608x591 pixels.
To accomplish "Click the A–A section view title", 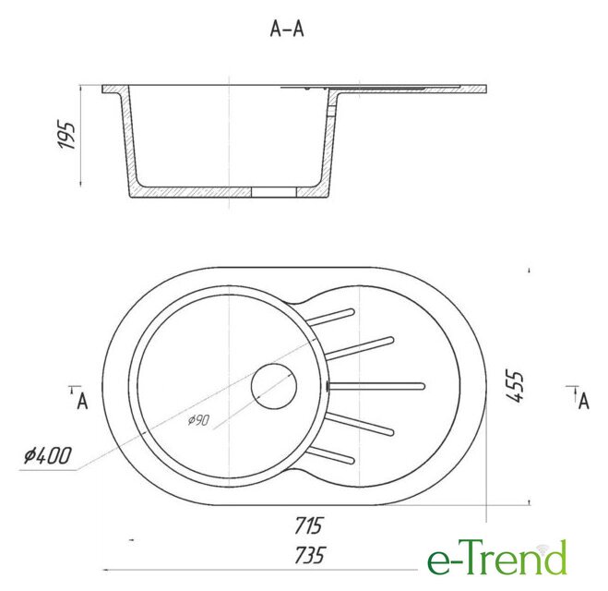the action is pyautogui.click(x=287, y=30).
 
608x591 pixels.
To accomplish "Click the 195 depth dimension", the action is pyautogui.click(x=66, y=136).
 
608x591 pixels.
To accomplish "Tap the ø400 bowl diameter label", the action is pyautogui.click(x=48, y=455).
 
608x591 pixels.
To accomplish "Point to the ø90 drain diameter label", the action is pyautogui.click(x=199, y=420).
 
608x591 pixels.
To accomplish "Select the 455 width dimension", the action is pyautogui.click(x=515, y=387).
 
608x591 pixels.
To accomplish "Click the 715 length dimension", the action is pyautogui.click(x=308, y=525).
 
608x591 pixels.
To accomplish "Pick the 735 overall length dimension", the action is pyautogui.click(x=309, y=555).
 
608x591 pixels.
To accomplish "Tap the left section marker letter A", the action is pyautogui.click(x=82, y=401).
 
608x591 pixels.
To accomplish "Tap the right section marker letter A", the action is pyautogui.click(x=584, y=401).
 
